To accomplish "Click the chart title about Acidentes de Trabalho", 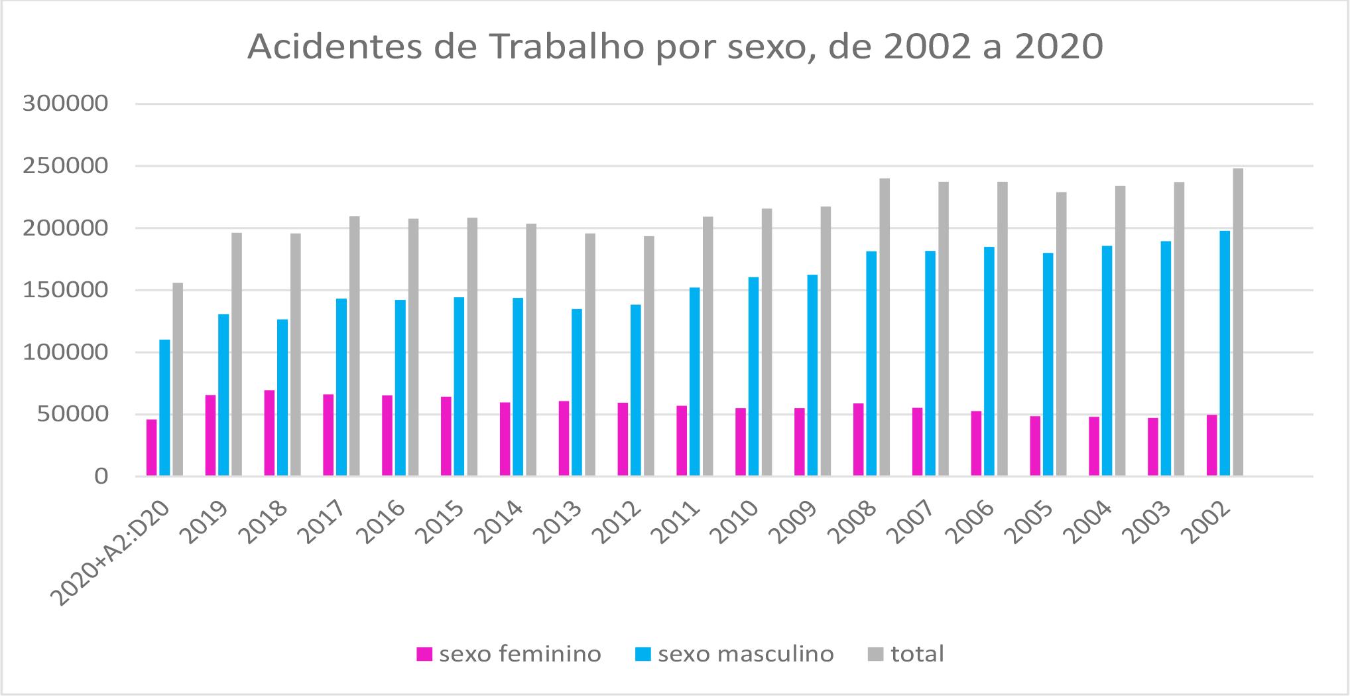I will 675,47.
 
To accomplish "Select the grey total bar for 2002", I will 1237,322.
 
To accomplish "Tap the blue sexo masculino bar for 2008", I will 871,364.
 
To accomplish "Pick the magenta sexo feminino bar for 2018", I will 269,433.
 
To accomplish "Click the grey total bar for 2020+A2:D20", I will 178,380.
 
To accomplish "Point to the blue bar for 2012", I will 635,390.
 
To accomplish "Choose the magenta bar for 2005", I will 1034,446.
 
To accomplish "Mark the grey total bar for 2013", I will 589,354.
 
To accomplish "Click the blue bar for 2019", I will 223,395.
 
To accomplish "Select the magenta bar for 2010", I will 740,442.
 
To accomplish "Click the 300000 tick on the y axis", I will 65,104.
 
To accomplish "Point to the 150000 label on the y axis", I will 65,291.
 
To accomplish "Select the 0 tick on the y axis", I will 100,476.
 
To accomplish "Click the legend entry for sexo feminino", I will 509,654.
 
